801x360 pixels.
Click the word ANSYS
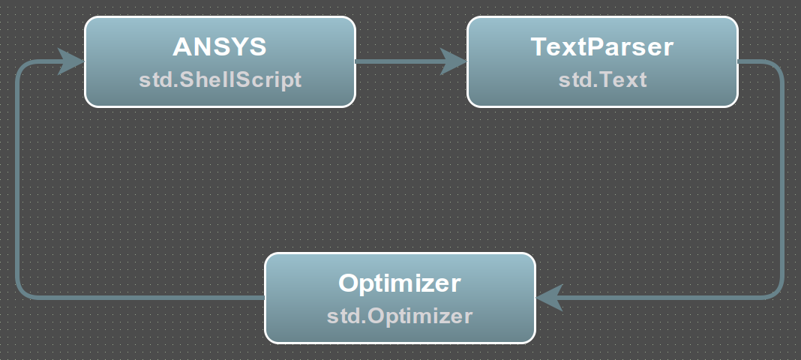[220, 46]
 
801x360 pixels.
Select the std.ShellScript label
[220, 79]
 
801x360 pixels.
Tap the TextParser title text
[602, 46]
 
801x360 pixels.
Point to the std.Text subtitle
[603, 79]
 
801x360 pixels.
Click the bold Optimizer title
[400, 283]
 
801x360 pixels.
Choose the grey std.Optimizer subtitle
[400, 316]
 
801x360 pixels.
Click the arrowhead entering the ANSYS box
[70, 61]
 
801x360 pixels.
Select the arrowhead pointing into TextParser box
[454, 61]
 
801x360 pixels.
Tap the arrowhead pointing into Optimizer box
[549, 297]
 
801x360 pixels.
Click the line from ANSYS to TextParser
[398, 61]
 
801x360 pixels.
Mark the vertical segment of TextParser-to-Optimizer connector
[781, 179]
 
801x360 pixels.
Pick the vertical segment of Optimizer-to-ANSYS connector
[19, 179]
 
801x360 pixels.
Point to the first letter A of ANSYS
[182, 46]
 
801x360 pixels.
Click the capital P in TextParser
[597, 46]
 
